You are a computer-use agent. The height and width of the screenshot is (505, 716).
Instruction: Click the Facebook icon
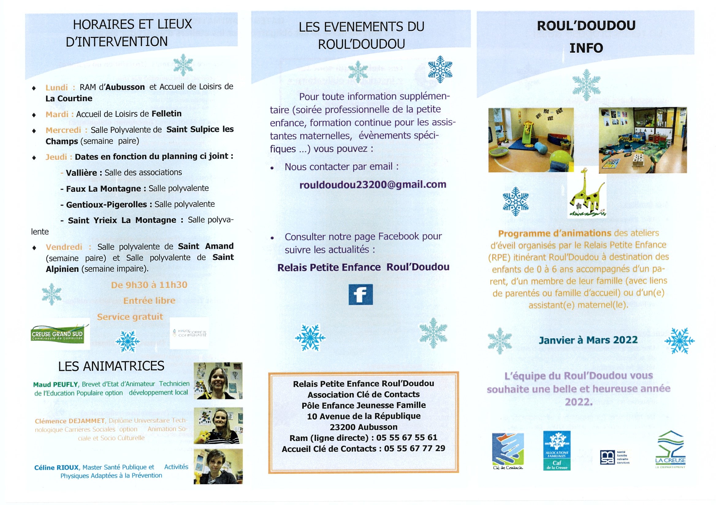point(360,294)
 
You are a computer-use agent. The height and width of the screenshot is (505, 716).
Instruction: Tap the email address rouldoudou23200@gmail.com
point(373,184)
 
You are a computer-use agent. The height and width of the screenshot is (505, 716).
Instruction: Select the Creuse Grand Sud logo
point(57,335)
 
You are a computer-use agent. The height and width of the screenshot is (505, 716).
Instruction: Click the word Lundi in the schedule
point(56,87)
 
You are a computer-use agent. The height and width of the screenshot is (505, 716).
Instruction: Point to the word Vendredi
point(64,247)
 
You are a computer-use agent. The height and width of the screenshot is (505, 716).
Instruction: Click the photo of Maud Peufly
point(218,381)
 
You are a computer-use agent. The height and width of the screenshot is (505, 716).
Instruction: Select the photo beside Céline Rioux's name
point(218,466)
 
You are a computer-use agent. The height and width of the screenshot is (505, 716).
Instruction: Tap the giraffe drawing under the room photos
point(587,196)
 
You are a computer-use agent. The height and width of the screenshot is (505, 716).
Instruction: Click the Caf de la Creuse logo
point(557,450)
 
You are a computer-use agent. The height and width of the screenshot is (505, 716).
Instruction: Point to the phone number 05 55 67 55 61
point(407,438)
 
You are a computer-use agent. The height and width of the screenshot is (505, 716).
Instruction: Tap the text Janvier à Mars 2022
point(588,340)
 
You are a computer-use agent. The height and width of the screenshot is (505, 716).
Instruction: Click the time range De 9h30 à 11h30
point(149,285)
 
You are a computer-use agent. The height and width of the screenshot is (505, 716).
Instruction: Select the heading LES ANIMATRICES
point(111,366)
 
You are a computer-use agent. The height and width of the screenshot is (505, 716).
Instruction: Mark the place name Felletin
point(166,114)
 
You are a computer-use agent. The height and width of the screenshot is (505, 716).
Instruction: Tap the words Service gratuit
point(130,317)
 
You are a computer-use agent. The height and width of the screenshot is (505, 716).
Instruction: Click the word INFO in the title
point(586,48)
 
